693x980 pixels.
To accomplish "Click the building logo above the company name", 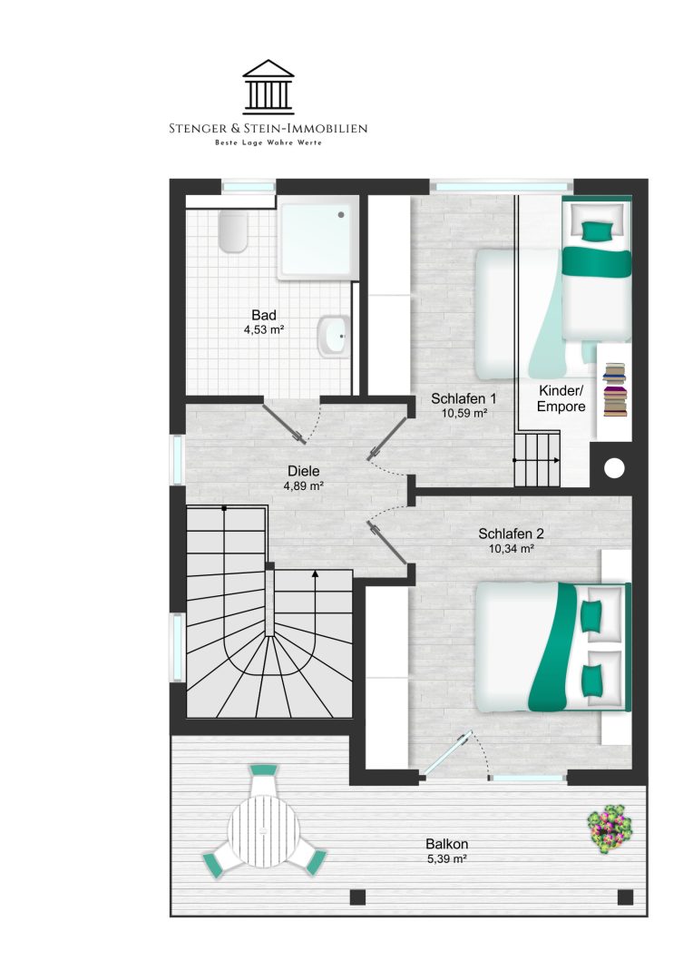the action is [268, 87].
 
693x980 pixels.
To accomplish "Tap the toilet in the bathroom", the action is [234, 230].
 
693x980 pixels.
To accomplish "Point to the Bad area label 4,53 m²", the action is [264, 329].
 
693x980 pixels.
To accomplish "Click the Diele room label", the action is [304, 471].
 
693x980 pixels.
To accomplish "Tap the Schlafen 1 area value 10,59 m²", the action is [464, 413].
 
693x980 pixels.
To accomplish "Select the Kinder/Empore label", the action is [561, 398].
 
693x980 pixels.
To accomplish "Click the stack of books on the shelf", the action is [615, 390].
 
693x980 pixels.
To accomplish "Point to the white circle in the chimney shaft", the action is [614, 468].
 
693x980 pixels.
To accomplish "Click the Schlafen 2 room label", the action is [512, 534].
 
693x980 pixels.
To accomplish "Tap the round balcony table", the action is [264, 830].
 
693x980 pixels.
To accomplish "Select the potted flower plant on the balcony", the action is [610, 829].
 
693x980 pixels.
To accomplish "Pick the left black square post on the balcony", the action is [357, 897].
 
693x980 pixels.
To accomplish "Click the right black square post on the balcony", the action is [625, 897].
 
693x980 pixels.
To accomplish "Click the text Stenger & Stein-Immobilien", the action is [268, 129].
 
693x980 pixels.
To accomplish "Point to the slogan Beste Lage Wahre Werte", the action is [268, 143].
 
